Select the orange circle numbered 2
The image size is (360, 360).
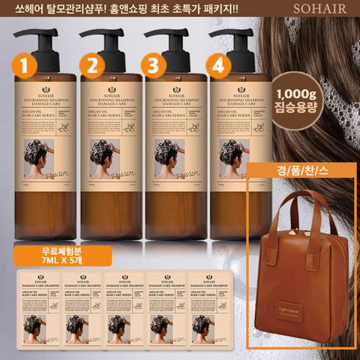[93, 66]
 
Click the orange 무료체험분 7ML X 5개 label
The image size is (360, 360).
[43, 253]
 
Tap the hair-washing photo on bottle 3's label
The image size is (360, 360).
[165, 158]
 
